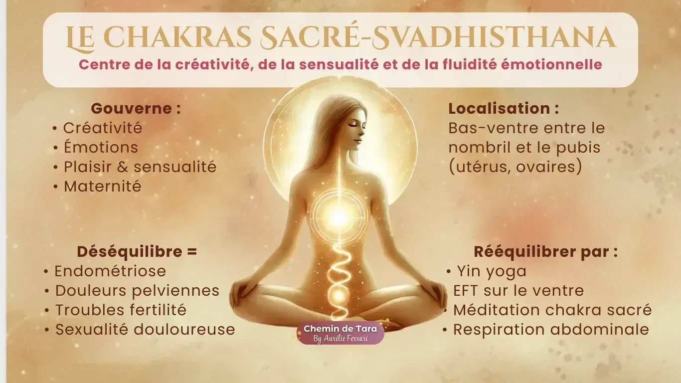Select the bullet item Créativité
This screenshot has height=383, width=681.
[102, 128]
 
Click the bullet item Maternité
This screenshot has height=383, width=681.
[102, 187]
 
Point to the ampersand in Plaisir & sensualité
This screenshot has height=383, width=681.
[123, 167]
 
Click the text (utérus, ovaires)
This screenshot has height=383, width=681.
[515, 168]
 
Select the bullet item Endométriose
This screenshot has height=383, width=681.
[110, 271]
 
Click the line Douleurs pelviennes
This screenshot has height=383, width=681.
[137, 291]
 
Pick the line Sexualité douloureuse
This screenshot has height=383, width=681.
[145, 330]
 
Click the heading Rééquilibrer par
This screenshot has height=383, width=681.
[545, 252]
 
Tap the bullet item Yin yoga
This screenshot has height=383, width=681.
[492, 271]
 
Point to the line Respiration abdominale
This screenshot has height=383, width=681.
[551, 330]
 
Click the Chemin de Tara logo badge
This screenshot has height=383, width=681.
[340, 333]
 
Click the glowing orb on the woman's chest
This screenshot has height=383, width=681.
[339, 216]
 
